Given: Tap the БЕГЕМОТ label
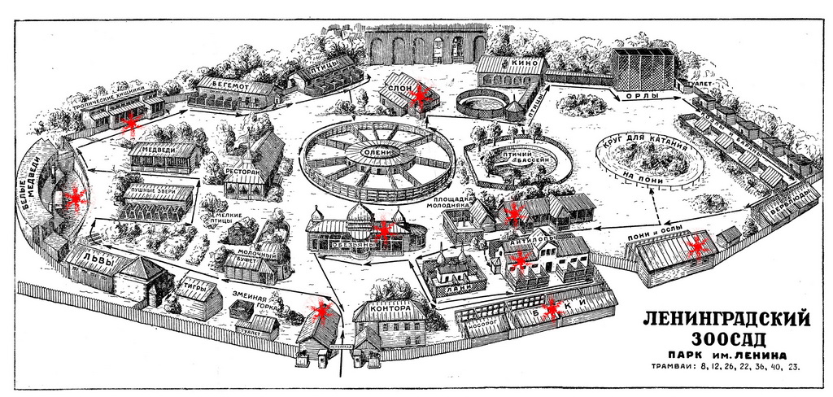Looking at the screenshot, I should tap(229, 82).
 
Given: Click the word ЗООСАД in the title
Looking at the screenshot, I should tap(713, 337).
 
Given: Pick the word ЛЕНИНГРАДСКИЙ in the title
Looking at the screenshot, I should tap(713, 316).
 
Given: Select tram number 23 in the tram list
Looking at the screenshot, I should tap(794, 368).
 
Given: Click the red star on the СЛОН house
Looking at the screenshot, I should tap(420, 97).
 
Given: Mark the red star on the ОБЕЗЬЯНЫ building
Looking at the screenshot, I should tap(383, 230).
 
